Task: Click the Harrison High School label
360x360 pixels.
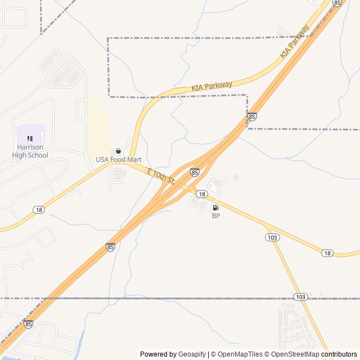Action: (x=33, y=151)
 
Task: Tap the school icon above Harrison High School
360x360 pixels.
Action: (x=30, y=138)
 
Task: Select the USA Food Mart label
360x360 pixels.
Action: (x=118, y=160)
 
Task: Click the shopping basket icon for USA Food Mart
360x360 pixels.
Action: (x=118, y=151)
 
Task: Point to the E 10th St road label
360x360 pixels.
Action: (x=161, y=176)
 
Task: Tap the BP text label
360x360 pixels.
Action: (x=215, y=216)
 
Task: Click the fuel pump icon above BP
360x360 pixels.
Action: (x=215, y=208)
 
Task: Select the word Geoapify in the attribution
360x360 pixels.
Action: (x=192, y=354)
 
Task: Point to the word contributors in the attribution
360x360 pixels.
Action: (x=339, y=354)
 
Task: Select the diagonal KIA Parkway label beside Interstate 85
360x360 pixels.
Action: (x=295, y=42)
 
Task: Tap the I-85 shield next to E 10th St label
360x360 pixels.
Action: (x=194, y=173)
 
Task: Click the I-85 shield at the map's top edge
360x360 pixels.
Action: (x=337, y=3)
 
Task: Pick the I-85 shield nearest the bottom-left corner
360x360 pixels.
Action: (x=29, y=324)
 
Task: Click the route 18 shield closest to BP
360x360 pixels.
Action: (x=201, y=194)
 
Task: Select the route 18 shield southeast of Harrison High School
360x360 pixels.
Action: (x=38, y=210)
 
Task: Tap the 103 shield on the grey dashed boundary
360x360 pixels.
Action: (x=300, y=296)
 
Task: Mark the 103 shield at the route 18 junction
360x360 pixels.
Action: (x=272, y=237)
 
